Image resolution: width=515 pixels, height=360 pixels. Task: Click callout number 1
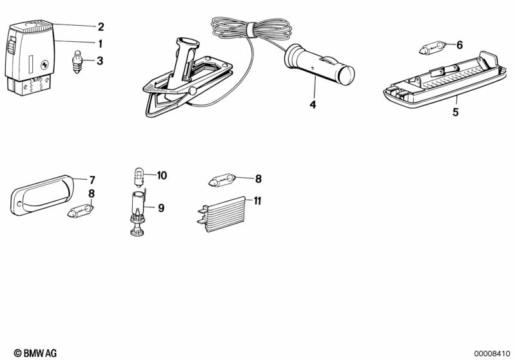(x=100, y=43)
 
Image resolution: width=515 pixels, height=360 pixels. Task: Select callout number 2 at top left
(x=101, y=26)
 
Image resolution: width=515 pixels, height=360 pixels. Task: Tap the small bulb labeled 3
(x=77, y=61)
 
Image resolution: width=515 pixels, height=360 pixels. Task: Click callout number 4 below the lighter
(x=313, y=104)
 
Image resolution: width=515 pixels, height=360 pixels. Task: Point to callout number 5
(x=455, y=112)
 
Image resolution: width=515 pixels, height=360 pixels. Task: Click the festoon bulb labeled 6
(x=432, y=48)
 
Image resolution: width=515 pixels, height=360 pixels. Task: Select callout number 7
(x=92, y=180)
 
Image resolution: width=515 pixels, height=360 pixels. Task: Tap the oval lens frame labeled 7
(x=42, y=195)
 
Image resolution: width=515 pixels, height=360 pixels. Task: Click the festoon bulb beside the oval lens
(x=81, y=211)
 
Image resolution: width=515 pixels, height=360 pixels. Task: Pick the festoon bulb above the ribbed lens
(x=222, y=180)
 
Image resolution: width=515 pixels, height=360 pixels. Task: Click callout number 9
(x=161, y=208)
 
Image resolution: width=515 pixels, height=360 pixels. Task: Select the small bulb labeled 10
(x=139, y=177)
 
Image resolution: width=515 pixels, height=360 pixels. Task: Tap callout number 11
(x=257, y=200)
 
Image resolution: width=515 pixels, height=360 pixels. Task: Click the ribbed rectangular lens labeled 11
(x=222, y=214)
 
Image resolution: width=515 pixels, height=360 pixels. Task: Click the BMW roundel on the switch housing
(x=44, y=65)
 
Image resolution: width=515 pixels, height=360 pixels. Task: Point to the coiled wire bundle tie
(x=251, y=30)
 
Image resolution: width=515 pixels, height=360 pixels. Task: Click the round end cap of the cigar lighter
(x=347, y=75)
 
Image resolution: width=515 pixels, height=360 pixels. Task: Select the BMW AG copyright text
(x=35, y=353)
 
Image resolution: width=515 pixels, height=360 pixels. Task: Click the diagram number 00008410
(x=492, y=354)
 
